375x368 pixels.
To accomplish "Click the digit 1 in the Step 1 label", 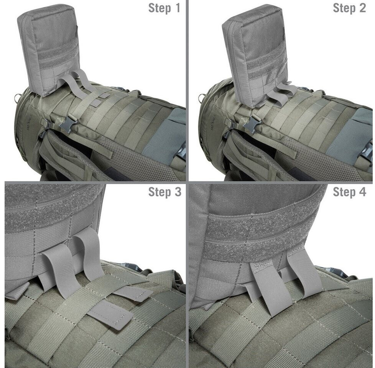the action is point(177,8).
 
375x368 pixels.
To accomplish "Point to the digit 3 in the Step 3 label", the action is point(178,192).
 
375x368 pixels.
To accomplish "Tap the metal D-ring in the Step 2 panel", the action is point(202,98).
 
